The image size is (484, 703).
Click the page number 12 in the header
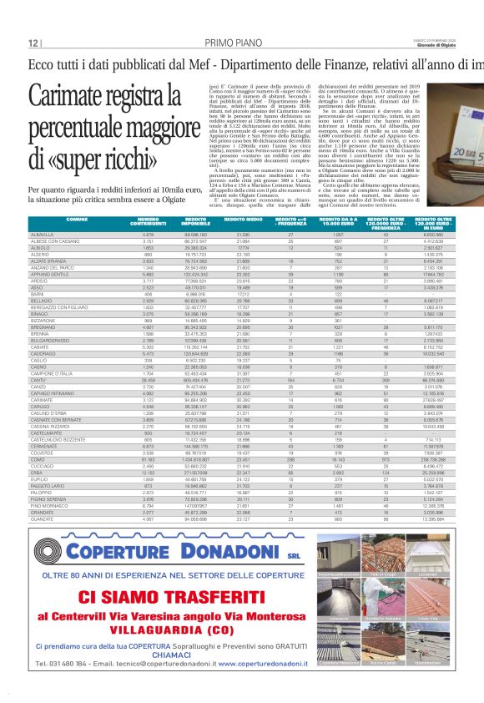pyautogui.click(x=33, y=43)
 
